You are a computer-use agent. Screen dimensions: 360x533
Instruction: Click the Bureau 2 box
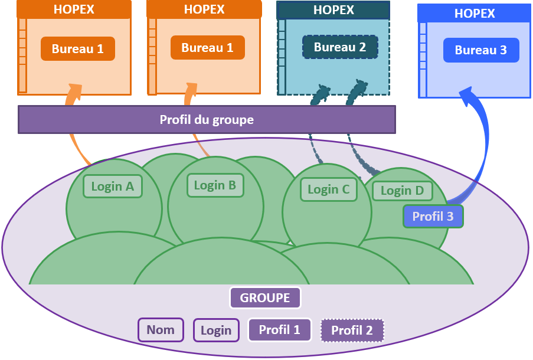(340, 47)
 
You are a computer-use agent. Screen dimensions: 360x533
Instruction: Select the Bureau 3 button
(481, 50)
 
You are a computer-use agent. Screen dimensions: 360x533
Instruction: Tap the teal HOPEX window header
(333, 10)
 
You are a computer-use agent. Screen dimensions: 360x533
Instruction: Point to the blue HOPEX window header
(475, 13)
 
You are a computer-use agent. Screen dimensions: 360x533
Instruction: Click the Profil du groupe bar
(207, 120)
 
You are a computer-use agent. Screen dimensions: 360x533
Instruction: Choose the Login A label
(113, 186)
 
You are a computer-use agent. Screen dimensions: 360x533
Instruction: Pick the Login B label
(215, 185)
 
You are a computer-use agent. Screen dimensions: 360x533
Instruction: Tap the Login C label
(329, 189)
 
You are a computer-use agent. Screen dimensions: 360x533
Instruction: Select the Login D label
(402, 191)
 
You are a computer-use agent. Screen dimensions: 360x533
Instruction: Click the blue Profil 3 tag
(433, 217)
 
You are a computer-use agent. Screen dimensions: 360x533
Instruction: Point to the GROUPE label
(265, 298)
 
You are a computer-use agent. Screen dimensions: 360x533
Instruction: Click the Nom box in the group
(161, 330)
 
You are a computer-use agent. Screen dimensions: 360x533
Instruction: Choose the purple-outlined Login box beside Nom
(216, 330)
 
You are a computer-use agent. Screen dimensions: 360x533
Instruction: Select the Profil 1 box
(279, 330)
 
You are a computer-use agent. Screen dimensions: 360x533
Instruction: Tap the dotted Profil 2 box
(352, 330)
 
